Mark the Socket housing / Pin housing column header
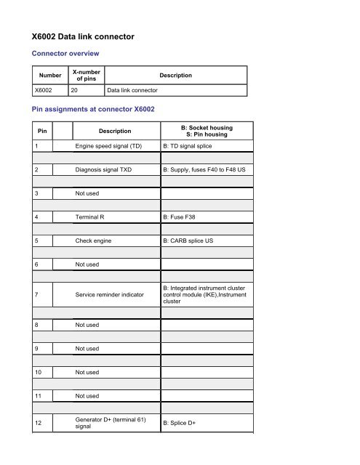207,131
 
